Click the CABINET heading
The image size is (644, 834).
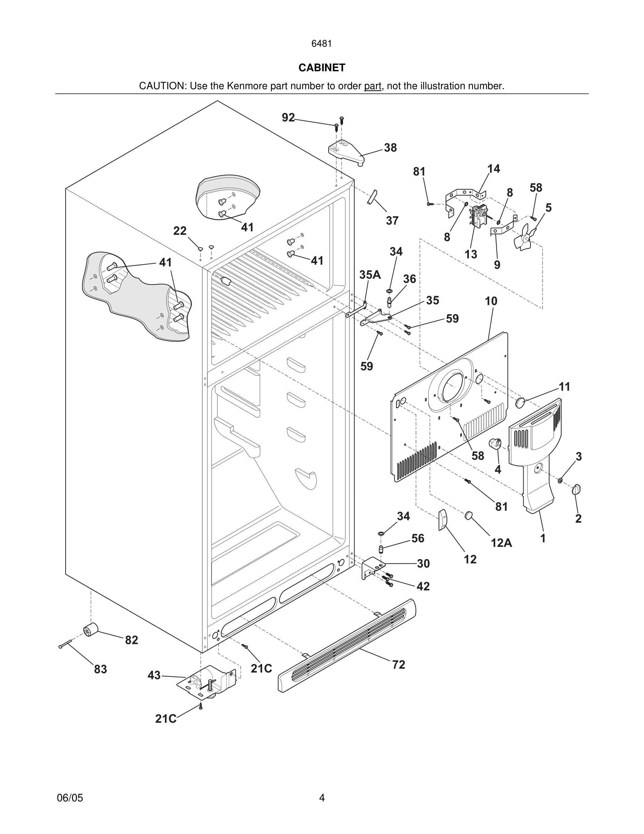click(x=322, y=68)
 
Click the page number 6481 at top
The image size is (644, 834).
click(x=322, y=44)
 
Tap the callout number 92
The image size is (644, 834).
click(x=288, y=118)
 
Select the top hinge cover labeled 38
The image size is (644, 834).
click(x=346, y=151)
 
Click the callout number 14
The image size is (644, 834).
click(x=493, y=169)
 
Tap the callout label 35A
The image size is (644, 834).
click(x=370, y=274)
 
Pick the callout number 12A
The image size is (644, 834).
click(x=501, y=543)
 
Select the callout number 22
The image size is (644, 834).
click(x=180, y=231)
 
